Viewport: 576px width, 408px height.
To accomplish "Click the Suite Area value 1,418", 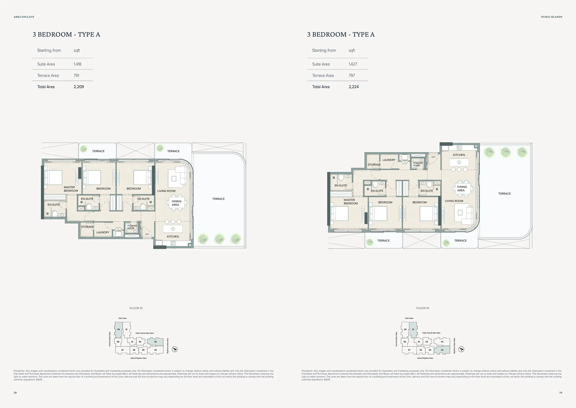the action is point(77,64).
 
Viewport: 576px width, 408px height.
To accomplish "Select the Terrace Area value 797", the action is point(352,75).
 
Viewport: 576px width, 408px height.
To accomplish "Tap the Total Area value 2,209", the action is point(79,87).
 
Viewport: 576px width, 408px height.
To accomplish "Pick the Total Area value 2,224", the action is point(354,87).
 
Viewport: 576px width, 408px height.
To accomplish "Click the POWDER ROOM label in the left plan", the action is point(132,227).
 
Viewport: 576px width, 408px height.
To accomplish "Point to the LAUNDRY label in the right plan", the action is point(389,160).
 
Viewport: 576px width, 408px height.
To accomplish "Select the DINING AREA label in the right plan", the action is point(462,189).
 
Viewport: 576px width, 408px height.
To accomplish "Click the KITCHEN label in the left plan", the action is point(173,236).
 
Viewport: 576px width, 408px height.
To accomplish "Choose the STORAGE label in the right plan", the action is point(374,165).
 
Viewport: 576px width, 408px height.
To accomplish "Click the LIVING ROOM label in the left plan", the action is point(166,191).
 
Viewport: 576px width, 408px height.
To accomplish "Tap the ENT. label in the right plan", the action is point(434,157).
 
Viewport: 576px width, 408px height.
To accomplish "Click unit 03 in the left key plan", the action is point(155,342).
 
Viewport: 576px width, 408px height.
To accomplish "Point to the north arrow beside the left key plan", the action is point(175,349).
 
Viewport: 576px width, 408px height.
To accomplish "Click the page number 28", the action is point(15,393).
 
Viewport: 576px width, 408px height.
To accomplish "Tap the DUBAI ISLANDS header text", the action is point(552,17).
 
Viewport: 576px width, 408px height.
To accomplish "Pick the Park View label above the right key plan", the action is point(409,318).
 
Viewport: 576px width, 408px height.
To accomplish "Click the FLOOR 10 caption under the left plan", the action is point(136,308).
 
